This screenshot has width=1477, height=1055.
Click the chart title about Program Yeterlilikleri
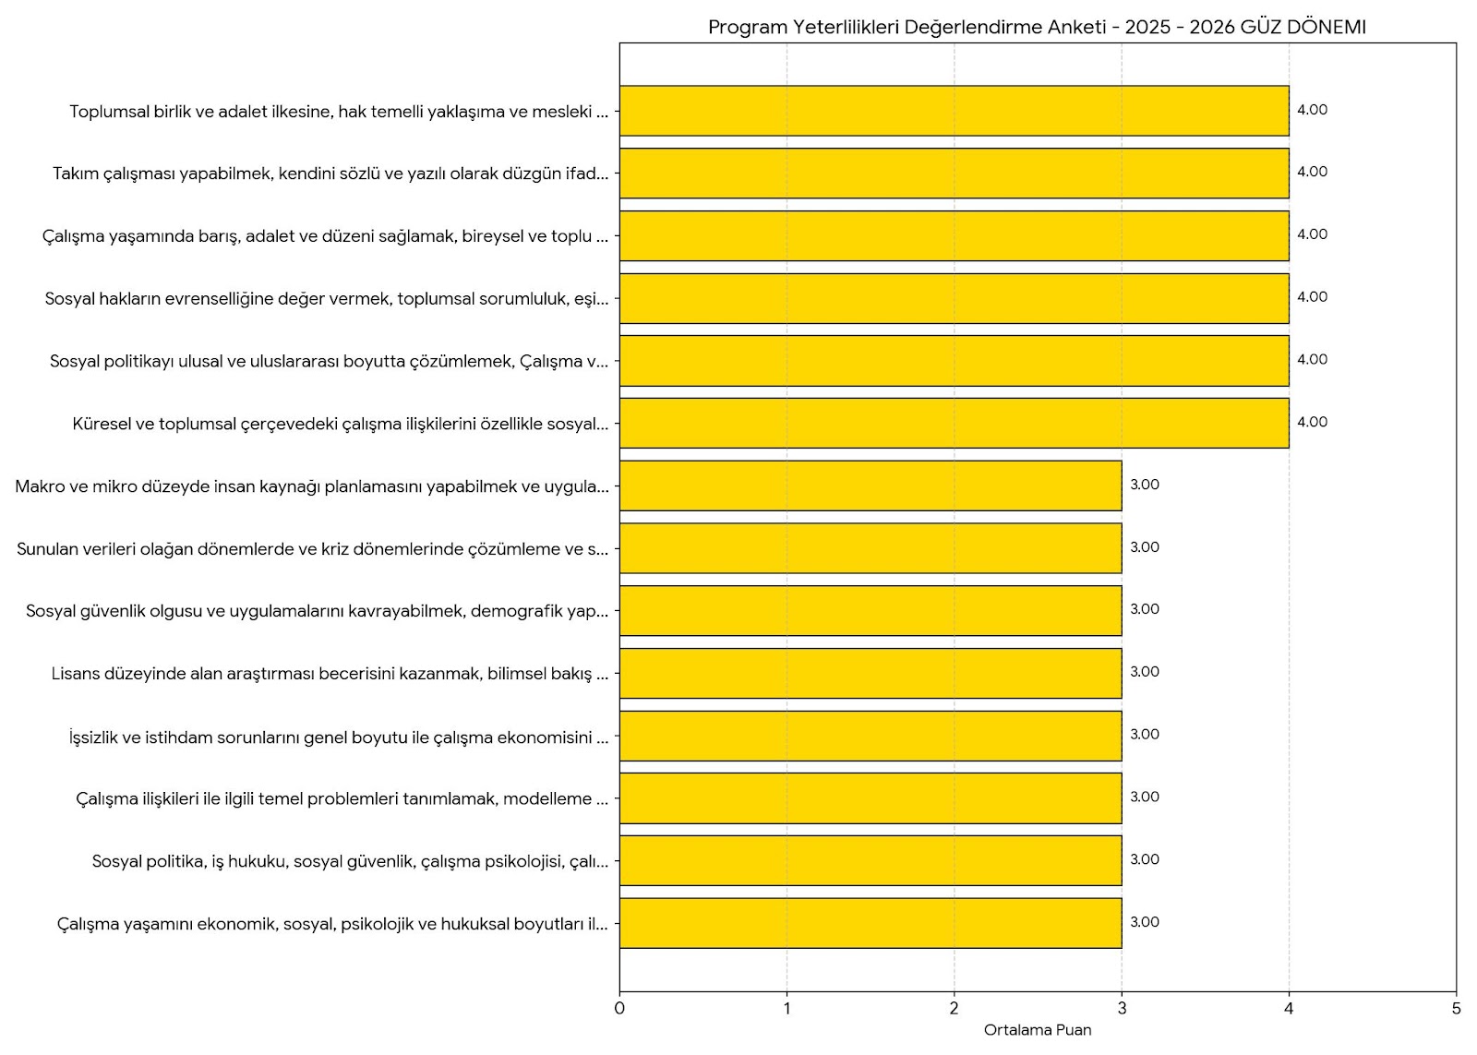click(1036, 27)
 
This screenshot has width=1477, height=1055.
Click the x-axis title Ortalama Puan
click(1037, 1030)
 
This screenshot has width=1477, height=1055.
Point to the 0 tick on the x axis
click(619, 1009)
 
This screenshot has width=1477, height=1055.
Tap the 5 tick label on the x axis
click(1456, 1009)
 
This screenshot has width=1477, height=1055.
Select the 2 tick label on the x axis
click(955, 1009)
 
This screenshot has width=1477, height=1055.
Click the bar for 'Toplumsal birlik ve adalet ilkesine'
click(954, 111)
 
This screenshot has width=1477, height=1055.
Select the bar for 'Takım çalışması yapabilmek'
click(954, 174)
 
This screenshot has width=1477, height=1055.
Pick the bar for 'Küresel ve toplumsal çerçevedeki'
click(954, 423)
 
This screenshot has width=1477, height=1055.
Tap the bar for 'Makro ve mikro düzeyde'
click(871, 486)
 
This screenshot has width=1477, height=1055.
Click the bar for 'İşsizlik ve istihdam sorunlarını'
click(871, 736)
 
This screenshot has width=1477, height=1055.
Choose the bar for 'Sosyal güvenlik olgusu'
click(871, 610)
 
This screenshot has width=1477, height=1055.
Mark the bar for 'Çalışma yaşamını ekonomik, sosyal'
click(871, 923)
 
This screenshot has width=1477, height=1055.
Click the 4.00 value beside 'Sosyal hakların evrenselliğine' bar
click(1312, 297)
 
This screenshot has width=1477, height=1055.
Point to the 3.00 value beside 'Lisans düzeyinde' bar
click(1145, 672)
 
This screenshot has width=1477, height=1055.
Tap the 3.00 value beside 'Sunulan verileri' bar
click(1145, 547)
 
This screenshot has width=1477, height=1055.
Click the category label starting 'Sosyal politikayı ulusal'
click(329, 361)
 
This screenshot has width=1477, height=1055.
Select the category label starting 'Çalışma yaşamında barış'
click(325, 236)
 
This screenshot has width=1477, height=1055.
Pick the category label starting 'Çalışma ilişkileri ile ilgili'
click(342, 798)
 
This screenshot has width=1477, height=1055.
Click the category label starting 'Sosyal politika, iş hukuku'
click(350, 861)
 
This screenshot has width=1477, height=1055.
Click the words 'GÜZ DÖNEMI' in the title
click(1303, 27)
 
